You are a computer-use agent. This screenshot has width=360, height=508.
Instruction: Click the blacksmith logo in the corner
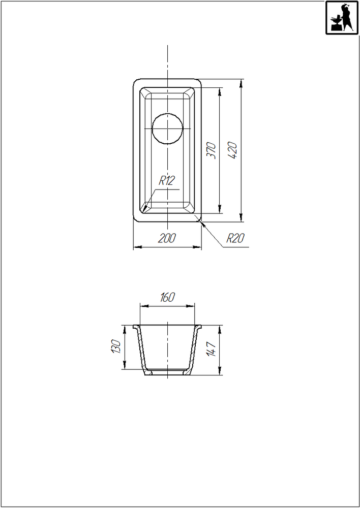[342, 17]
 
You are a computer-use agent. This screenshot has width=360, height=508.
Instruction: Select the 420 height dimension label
[232, 150]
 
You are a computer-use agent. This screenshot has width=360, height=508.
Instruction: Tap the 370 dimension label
[211, 150]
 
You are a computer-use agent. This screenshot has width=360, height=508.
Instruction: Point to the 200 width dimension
[167, 238]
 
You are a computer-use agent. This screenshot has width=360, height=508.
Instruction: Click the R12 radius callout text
[167, 180]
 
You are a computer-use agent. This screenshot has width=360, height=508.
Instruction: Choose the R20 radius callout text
[235, 238]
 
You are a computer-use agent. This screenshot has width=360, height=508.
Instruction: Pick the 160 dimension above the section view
[167, 297]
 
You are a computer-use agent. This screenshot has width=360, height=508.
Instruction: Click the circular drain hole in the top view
[167, 129]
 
